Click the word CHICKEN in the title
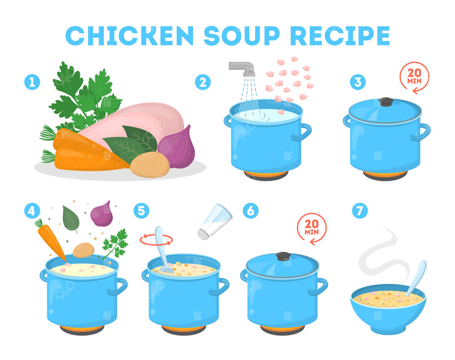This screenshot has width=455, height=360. [129, 36]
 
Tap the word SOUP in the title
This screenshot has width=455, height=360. [242, 36]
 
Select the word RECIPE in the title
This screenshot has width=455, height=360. [340, 36]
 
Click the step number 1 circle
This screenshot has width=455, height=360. [32, 82]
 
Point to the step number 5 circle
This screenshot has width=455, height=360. [141, 211]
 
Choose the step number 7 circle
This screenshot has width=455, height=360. [360, 211]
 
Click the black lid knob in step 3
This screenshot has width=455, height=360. [386, 102]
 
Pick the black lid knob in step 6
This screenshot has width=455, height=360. [283, 256]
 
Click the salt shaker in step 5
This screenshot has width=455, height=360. [215, 221]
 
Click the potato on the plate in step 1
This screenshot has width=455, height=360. [150, 164]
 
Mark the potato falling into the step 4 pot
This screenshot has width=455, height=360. [84, 250]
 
